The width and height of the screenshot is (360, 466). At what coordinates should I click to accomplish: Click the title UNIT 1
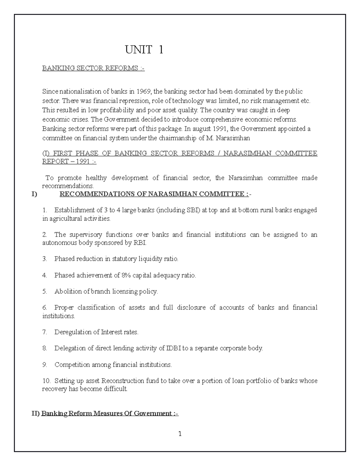coord(144,50)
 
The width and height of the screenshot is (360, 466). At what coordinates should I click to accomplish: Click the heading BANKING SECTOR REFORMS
coord(93,68)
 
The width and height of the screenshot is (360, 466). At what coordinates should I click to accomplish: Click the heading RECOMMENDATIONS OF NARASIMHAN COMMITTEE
coord(154,194)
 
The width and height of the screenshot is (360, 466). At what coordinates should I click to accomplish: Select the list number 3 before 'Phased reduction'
coord(45,259)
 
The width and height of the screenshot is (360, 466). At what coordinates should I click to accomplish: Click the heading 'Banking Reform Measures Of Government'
coord(109,413)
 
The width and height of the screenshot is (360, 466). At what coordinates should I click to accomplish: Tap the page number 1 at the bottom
coord(180,434)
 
